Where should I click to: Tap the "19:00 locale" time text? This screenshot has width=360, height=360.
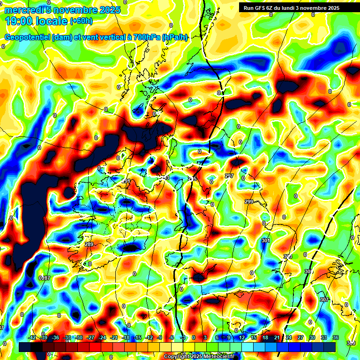click(x=37, y=21)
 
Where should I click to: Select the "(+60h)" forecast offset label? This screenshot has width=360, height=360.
click(x=81, y=21)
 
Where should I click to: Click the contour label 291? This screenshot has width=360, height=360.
click(x=125, y=181)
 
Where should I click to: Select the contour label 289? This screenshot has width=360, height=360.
click(x=89, y=244)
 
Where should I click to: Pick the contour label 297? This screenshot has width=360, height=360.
click(x=229, y=176)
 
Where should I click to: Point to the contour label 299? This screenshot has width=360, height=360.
click(x=249, y=201)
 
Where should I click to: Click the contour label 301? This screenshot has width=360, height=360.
click(x=266, y=240)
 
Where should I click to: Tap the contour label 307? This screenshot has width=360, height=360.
click(x=324, y=299)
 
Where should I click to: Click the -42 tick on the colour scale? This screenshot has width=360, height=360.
click(x=32, y=337)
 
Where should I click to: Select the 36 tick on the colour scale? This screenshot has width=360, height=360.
click(x=336, y=337)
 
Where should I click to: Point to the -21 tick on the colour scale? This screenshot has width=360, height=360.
click(x=114, y=337)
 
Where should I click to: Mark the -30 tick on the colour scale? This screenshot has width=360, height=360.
click(x=79, y=337)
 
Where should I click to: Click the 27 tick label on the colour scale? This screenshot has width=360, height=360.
click(x=300, y=337)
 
